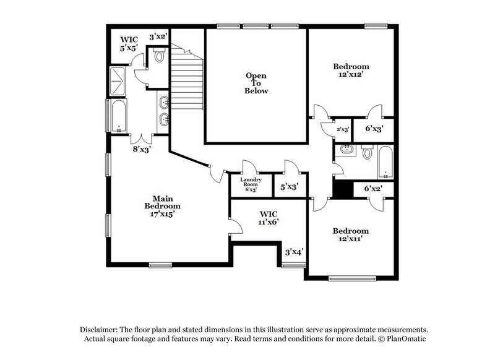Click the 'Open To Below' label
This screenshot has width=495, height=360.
coord(256,83)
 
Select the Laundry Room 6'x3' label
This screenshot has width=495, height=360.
coord(251,184)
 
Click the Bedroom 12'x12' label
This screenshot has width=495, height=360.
coord(351,71)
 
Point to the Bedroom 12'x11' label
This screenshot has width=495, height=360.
coord(351,235)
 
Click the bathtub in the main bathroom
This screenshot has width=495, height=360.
coord(118,117)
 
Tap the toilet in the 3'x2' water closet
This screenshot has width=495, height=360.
coord(160,57)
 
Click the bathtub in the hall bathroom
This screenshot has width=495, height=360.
coord(385,162)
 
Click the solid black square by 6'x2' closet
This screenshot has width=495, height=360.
coord(342,188)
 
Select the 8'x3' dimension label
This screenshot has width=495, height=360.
coord(142,148)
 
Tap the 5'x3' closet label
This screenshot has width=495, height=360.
coord(289,186)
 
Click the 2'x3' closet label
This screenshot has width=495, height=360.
coord(343,130)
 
